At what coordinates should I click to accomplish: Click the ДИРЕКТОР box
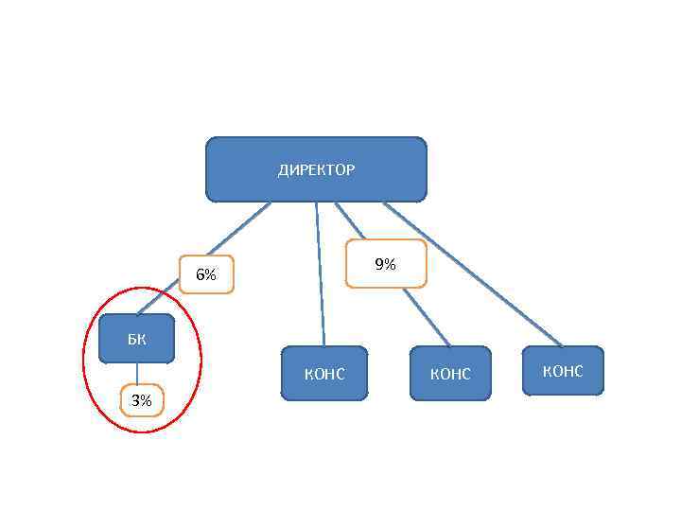[316, 169]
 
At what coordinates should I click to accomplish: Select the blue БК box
[136, 338]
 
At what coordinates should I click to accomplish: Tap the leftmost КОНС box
[324, 374]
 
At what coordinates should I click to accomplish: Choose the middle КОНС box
[450, 374]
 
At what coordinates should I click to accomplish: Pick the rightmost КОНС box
[563, 371]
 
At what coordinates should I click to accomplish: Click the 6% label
[206, 275]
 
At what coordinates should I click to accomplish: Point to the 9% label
[385, 265]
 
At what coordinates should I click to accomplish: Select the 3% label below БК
[141, 401]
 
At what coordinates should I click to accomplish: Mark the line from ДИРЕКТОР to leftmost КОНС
[321, 274]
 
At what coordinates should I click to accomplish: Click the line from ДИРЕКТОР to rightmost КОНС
[473, 274]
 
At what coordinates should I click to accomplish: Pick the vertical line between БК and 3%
[136, 375]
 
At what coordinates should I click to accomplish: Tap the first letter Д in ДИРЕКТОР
[283, 170]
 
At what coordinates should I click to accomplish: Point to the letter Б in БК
[131, 337]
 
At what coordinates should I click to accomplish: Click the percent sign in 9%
[391, 265]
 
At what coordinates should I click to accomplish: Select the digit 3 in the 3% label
[135, 401]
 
